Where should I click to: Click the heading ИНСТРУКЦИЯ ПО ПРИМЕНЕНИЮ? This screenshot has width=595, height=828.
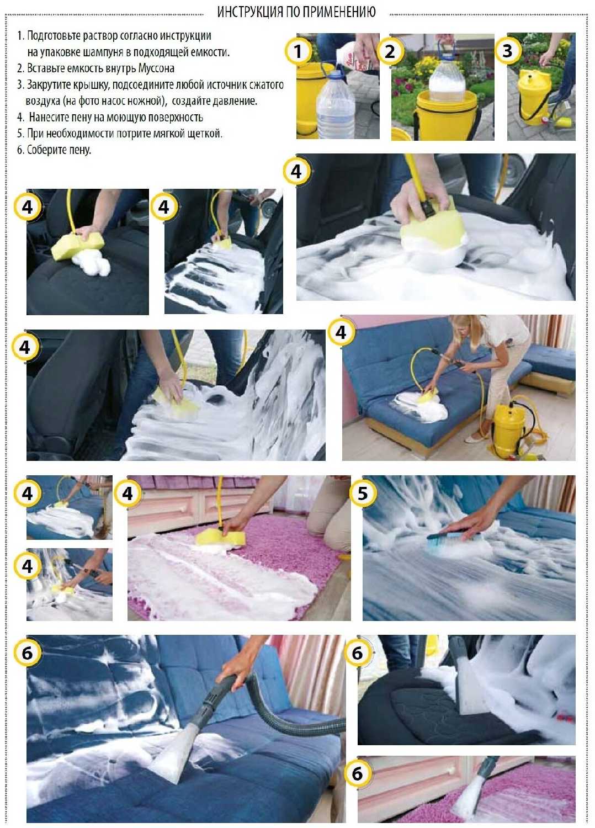click(296, 12)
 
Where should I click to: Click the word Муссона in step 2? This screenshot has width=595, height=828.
click(156, 68)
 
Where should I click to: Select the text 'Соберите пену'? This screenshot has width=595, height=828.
click(59, 150)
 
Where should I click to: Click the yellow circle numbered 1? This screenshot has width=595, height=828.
click(298, 51)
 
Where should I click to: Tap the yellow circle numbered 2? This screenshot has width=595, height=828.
click(390, 51)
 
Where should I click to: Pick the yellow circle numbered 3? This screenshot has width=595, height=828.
click(508, 50)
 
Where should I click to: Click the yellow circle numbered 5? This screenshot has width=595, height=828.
click(363, 493)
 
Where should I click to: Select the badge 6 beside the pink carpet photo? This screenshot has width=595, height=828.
click(357, 774)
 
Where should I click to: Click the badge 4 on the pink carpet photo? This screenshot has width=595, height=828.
click(127, 493)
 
